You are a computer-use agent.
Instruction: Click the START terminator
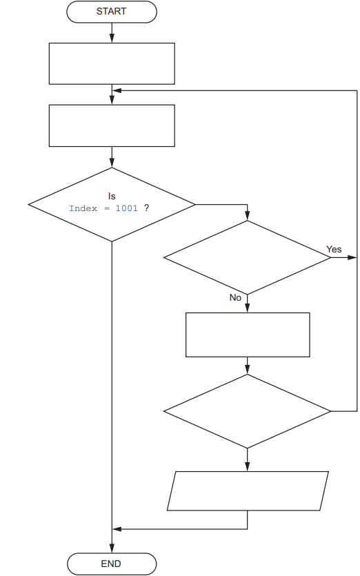click(112, 12)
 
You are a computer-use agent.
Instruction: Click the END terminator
click(112, 564)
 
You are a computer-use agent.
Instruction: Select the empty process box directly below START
click(112, 63)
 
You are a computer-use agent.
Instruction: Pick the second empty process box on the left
click(112, 126)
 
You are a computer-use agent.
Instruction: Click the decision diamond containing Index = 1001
click(112, 204)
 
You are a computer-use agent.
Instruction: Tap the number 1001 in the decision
click(127, 208)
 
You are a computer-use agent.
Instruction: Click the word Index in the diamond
click(83, 208)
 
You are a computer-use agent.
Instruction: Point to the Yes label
click(334, 249)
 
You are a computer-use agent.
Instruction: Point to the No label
click(235, 297)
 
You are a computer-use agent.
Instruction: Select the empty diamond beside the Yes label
click(247, 257)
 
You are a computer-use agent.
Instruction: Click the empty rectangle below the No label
click(247, 335)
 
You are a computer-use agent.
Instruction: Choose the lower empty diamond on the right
click(247, 411)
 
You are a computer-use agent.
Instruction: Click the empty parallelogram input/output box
click(248, 490)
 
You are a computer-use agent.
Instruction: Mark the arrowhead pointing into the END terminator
click(112, 549)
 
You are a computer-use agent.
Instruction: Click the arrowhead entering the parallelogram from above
click(247, 467)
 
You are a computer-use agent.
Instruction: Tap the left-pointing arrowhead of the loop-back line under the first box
click(117, 90)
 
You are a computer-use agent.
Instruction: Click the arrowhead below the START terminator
click(112, 39)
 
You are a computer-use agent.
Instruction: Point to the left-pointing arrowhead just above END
click(117, 529)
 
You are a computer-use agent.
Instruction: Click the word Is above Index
click(112, 197)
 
